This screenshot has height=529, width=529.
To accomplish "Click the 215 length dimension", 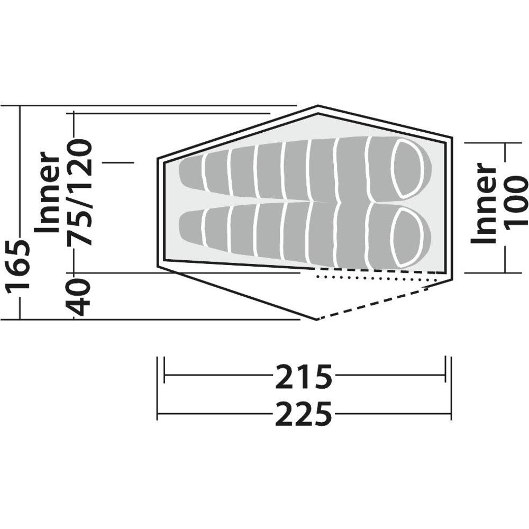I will click(304, 377).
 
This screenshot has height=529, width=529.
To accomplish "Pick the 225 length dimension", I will click(304, 413).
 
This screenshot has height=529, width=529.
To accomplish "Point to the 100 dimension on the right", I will click(515, 202).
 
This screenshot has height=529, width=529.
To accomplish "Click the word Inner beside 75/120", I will click(49, 192).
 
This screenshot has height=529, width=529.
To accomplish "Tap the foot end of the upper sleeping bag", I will click(190, 168).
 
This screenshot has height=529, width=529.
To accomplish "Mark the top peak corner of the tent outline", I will click(317, 106).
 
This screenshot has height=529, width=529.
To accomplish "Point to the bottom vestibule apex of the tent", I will click(316, 320).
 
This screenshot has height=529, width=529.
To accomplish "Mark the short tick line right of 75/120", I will click(118, 162).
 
